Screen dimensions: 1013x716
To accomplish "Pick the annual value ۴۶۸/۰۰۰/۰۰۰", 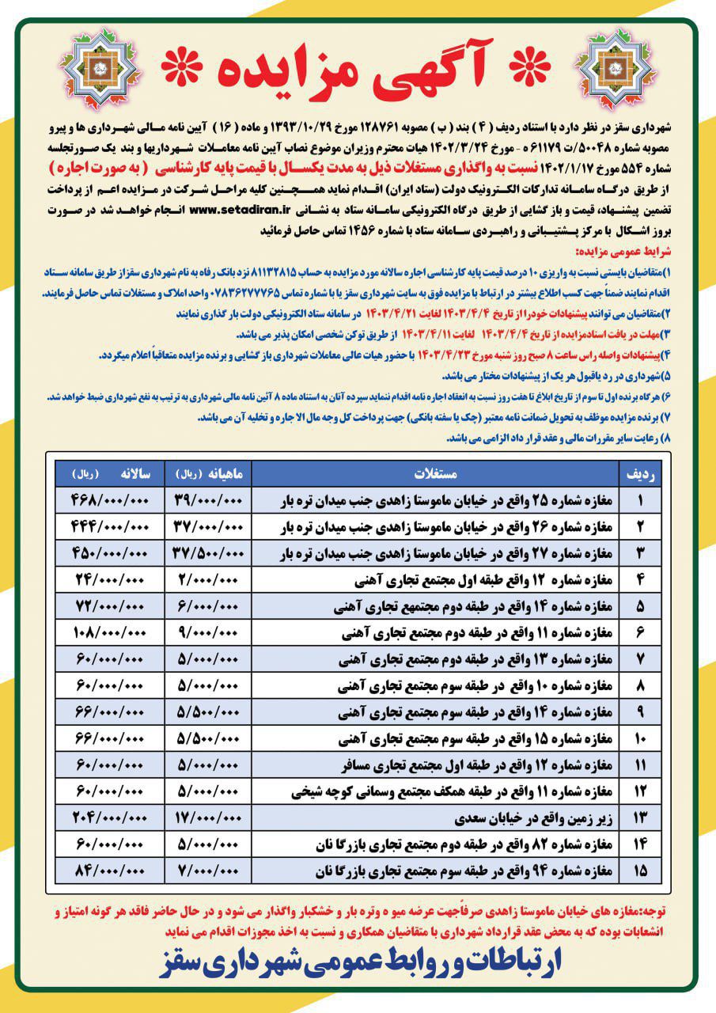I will click(111, 503).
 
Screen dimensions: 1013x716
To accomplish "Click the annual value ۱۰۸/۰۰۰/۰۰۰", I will click(111, 634).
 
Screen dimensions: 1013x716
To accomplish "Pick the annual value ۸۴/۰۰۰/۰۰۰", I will click(111, 871).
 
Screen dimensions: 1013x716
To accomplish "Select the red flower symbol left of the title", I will click(183, 70).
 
